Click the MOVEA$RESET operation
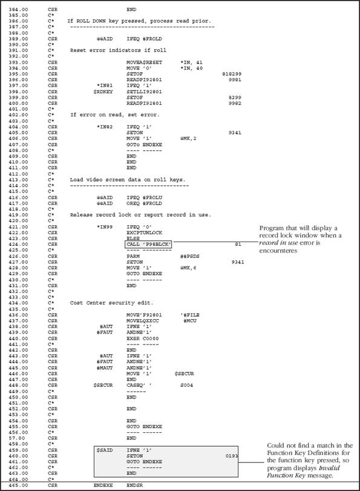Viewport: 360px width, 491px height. tap(144, 62)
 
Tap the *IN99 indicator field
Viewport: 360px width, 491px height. tap(106, 227)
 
